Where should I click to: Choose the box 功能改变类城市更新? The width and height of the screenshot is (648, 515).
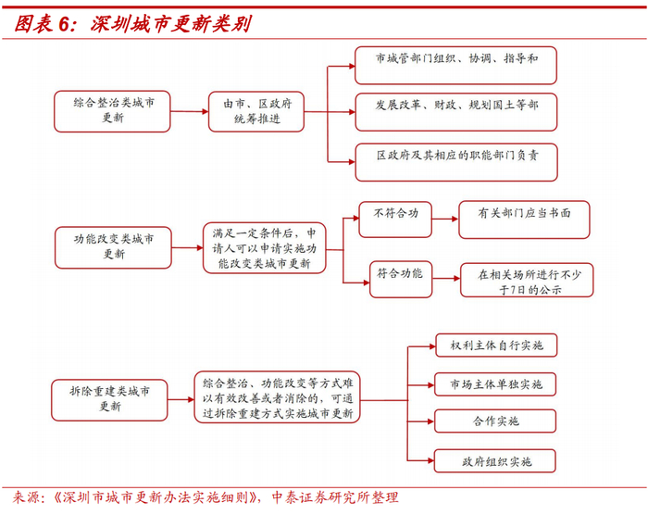(113, 246)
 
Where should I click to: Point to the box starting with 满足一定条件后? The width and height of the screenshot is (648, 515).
(265, 248)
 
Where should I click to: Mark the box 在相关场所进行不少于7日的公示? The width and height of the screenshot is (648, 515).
(527, 280)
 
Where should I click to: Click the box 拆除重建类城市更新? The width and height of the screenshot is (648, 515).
(113, 397)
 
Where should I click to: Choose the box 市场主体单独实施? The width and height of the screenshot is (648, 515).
(496, 383)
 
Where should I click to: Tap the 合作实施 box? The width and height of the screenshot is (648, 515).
(496, 421)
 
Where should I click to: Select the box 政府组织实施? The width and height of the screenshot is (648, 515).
(496, 460)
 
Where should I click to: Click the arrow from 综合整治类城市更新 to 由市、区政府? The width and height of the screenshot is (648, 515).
(189, 112)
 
